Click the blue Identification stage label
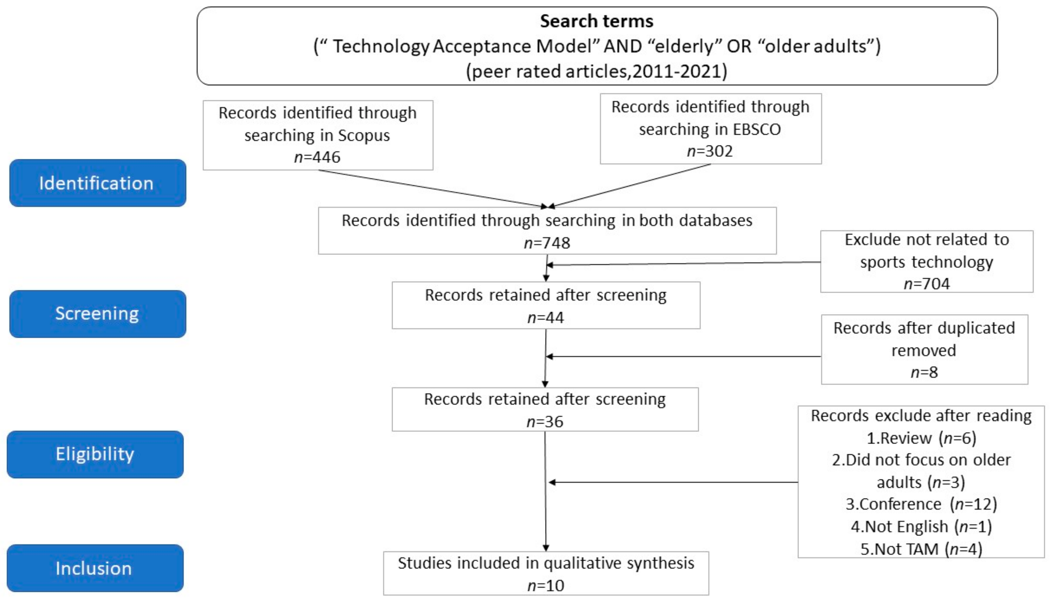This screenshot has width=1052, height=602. coord(97,183)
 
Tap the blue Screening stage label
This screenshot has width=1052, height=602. coord(97,314)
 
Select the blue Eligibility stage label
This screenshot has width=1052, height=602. coord(95,454)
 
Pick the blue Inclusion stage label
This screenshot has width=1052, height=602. coord(94,568)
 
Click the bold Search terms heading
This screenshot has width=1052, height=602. coord(597,21)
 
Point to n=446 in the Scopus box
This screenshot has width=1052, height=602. coord(317,157)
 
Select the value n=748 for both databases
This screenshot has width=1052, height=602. coord(547,243)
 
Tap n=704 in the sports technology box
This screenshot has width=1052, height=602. coord(926,284)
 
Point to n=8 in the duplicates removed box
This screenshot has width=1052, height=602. coord(924,372)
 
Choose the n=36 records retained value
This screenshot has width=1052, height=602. coord(545,422)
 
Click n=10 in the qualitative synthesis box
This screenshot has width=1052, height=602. coord(546,585)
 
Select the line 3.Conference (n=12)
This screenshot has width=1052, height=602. coord(921,504)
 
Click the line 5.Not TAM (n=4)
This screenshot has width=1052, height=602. coord(921,549)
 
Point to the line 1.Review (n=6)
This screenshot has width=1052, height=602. coord(921,438)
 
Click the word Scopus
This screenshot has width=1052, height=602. coord(364,135)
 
